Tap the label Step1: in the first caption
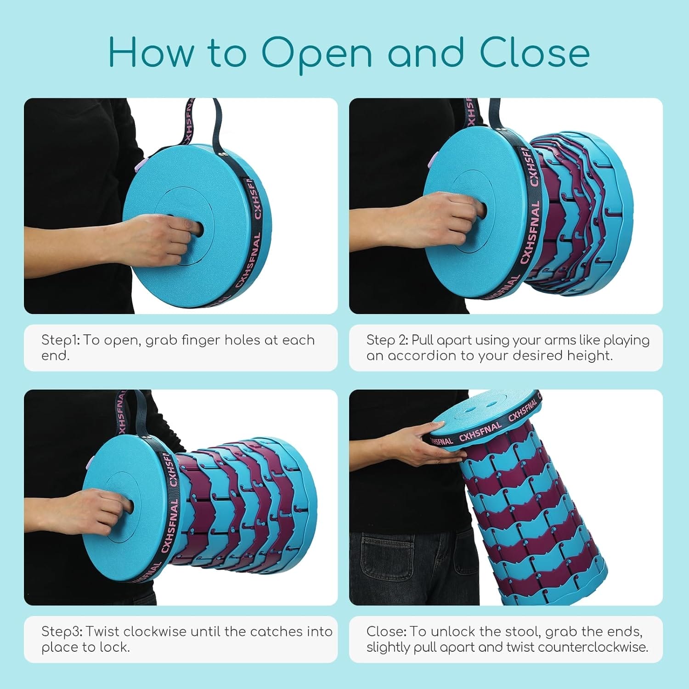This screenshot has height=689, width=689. click(x=61, y=340)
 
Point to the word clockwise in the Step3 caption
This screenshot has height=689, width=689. click(x=154, y=632)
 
